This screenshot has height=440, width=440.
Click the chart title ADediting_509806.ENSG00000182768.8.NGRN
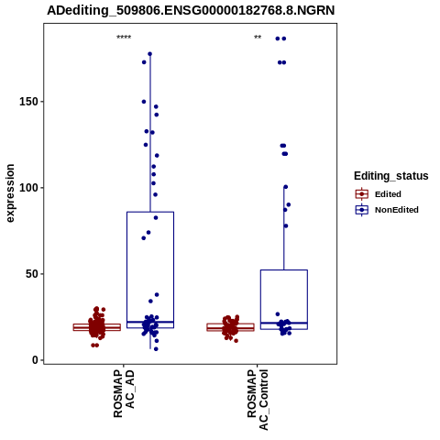(191, 10)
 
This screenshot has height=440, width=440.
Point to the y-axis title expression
(10, 193)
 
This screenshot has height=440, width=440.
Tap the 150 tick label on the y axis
(28, 102)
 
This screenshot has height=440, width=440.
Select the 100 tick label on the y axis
(28, 188)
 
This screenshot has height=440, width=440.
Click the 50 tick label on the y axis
(32, 274)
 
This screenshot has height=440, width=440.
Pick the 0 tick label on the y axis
(36, 360)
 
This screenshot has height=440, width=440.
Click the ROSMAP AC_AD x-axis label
(124, 393)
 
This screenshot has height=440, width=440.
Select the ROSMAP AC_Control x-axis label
(258, 400)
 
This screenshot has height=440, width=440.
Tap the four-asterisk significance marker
(124, 38)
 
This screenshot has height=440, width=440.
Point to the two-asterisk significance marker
(258, 38)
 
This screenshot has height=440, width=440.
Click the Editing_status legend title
(391, 176)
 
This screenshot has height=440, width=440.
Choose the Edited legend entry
(379, 194)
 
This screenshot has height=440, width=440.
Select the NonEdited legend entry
(387, 210)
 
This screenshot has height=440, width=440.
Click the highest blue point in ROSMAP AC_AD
(150, 54)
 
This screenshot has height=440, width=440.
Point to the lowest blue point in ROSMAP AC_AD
(156, 349)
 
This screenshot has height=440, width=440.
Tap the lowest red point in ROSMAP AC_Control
(236, 341)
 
